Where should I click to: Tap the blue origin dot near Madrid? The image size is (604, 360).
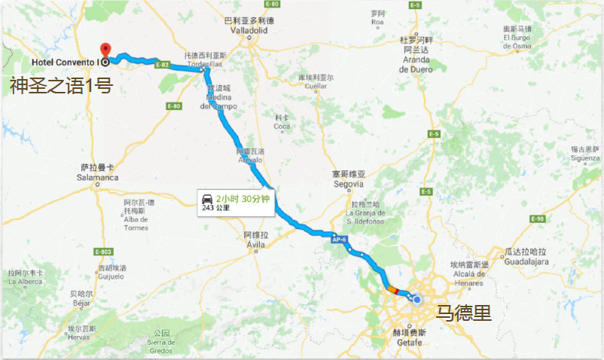(417, 300)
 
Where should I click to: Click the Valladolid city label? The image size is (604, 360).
(244, 32)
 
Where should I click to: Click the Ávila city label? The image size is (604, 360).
(257, 244)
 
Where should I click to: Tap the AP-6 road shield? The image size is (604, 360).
(339, 240)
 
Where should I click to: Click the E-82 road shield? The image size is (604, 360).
(162, 65)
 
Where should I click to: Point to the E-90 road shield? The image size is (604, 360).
(537, 219)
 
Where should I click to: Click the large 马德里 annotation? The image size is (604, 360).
(464, 312)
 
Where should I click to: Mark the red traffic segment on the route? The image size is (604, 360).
(390, 288)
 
